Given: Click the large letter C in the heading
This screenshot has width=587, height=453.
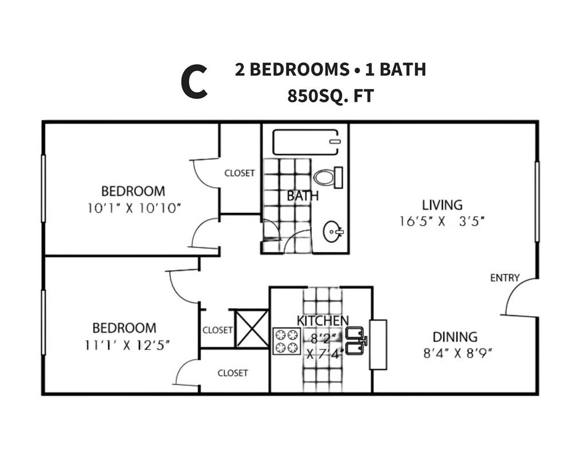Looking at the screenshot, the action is pos(194,81).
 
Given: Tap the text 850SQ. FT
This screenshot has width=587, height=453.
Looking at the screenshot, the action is pos(331,96).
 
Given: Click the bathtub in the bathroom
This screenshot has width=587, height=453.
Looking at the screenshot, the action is pos(306,142).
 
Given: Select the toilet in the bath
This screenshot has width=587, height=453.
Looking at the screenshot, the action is pos(328,178).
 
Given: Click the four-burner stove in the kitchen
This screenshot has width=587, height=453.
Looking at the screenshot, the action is pos(287,341).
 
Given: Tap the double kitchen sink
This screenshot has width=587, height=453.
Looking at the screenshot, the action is pos(355,341).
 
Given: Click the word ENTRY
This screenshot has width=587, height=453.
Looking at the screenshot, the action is pos(505,278).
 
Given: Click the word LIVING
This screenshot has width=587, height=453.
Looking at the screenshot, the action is pos(442,205).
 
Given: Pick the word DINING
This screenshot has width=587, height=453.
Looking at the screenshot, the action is pos(455,337).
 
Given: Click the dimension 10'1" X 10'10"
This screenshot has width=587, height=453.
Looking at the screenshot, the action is pos(134,208).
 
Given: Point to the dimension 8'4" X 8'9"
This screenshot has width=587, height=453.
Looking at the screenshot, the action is pos(457,353).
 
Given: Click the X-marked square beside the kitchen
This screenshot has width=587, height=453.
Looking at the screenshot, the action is pos(252,329).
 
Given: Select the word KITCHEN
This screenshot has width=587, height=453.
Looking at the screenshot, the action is pos(322,321).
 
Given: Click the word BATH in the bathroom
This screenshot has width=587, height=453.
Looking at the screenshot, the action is pos(303,196).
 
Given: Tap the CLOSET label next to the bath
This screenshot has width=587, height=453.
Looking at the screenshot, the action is pos(240,173).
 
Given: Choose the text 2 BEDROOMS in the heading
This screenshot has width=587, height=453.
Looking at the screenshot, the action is pos(292,69).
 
